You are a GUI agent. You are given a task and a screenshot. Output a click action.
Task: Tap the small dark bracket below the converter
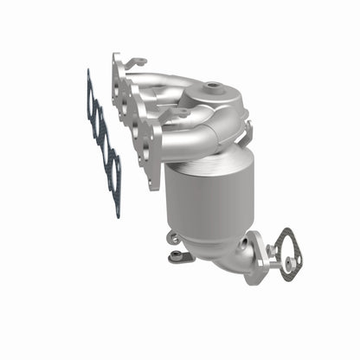coord(178,256)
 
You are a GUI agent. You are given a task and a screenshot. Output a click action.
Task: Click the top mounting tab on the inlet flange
coord(134,63)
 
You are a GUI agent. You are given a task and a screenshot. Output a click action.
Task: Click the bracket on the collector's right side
coord(247,131)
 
